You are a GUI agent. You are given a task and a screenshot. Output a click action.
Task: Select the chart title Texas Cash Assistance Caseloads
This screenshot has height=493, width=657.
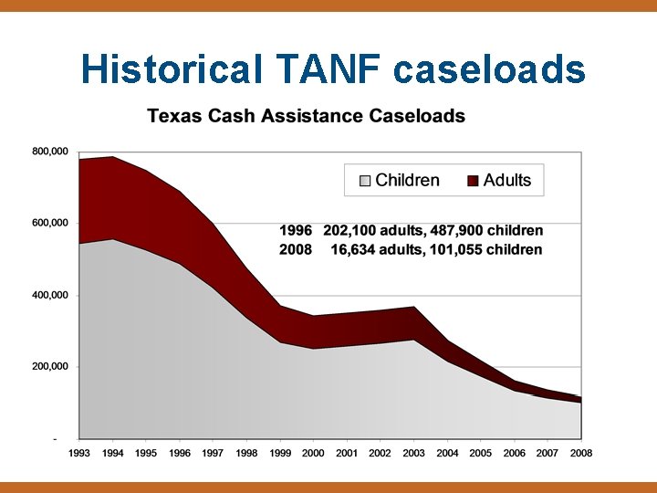[307, 116]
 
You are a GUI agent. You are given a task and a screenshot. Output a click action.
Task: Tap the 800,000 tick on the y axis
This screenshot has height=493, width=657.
[51, 152]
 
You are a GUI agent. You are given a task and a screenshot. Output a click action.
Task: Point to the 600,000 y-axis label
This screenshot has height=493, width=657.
[51, 223]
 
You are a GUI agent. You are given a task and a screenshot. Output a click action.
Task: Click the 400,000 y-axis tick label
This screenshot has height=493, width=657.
[51, 296]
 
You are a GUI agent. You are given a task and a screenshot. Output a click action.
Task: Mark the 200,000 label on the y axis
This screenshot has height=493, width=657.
[51, 367]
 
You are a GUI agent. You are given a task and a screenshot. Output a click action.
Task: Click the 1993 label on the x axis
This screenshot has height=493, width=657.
[79, 453]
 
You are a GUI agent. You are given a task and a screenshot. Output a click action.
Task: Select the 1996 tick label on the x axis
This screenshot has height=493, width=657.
[179, 453]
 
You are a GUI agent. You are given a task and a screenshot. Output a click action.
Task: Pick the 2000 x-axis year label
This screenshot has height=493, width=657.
[313, 453]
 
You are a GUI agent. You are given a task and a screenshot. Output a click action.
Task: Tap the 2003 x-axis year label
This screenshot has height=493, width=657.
[413, 453]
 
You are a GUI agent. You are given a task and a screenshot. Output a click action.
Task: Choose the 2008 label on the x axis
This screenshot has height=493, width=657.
[581, 453]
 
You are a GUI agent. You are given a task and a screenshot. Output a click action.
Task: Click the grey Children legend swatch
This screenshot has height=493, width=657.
[365, 181]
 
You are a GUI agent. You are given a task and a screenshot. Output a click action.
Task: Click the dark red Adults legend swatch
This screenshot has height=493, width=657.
[473, 181]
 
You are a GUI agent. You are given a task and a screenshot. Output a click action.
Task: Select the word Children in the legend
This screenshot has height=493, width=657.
[407, 180]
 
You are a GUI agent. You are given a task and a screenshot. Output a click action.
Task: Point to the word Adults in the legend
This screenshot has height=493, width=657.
[507, 180]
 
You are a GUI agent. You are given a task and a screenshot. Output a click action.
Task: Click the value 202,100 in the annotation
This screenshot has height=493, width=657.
[351, 231]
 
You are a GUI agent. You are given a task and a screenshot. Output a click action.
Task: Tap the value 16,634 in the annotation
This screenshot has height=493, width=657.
[356, 249]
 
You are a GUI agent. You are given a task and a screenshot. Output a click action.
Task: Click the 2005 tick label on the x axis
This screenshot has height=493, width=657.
[481, 453]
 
